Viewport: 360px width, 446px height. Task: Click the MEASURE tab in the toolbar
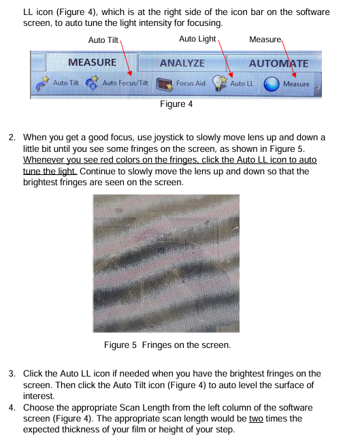tap(92, 62)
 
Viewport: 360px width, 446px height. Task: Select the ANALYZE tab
tap(182, 63)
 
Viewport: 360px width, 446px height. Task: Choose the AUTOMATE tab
tap(278, 63)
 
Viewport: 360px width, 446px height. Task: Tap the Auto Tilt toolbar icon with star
tap(42, 83)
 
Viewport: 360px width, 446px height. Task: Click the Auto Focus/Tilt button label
tap(125, 83)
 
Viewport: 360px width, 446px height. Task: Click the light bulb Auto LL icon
tap(220, 83)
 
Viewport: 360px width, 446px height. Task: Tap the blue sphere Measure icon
tap(272, 84)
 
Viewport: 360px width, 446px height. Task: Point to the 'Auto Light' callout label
tap(197, 39)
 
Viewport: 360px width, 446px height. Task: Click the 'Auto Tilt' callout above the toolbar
tap(103, 40)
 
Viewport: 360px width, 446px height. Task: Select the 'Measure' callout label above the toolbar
tap(265, 39)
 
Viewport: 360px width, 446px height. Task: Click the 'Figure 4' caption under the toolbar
tap(176, 103)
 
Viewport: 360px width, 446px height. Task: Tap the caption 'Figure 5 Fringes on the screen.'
tap(167, 345)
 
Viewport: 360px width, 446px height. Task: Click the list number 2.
tap(12, 138)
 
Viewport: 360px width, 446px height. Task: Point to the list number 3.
tap(12, 373)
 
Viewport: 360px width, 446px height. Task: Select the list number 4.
tap(12, 408)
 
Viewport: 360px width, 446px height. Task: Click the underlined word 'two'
tap(256, 419)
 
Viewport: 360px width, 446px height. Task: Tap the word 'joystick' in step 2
tap(169, 138)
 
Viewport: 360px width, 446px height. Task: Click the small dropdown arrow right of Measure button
tap(317, 87)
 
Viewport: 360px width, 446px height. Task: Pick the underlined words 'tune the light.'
tap(50, 171)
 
